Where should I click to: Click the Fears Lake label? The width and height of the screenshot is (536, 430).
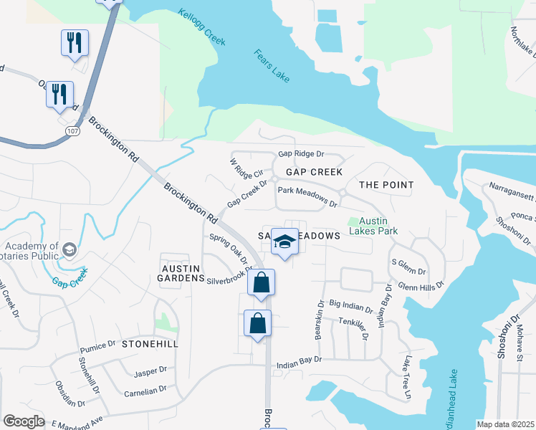click(272, 65)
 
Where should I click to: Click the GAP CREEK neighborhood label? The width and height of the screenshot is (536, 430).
click(314, 173)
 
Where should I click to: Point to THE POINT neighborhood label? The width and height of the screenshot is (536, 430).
click(386, 185)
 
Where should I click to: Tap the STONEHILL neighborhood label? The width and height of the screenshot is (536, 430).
click(149, 344)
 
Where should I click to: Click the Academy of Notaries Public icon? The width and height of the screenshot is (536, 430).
click(70, 249)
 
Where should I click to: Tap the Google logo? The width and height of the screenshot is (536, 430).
click(24, 421)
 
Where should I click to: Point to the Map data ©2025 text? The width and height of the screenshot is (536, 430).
click(505, 424)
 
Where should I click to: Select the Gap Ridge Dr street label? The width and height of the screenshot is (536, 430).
click(302, 153)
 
